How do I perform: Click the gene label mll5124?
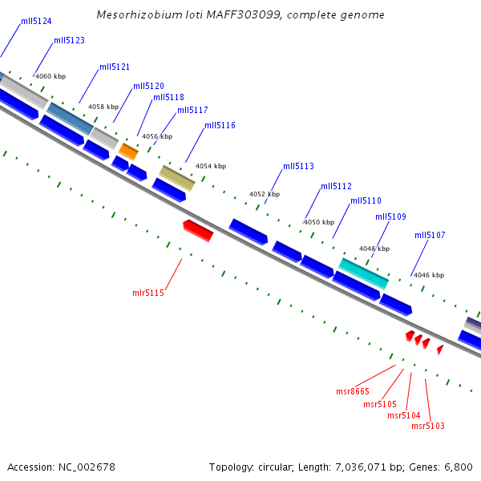click(x=36, y=21)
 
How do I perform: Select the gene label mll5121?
click(x=115, y=67)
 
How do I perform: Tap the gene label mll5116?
click(x=220, y=126)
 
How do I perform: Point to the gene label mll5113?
click(x=298, y=167)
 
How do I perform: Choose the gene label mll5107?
click(x=430, y=236)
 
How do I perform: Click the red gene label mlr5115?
click(x=148, y=293)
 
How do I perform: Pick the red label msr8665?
click(x=353, y=392)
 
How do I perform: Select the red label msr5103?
click(x=427, y=426)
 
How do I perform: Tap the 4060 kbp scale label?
click(x=51, y=77)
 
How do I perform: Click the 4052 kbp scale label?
click(x=265, y=195)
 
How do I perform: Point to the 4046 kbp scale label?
click(x=428, y=276)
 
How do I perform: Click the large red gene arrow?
click(x=198, y=230)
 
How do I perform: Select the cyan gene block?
click(x=364, y=273)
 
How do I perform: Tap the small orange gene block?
click(x=128, y=150)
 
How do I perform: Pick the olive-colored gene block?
click(x=176, y=178)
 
